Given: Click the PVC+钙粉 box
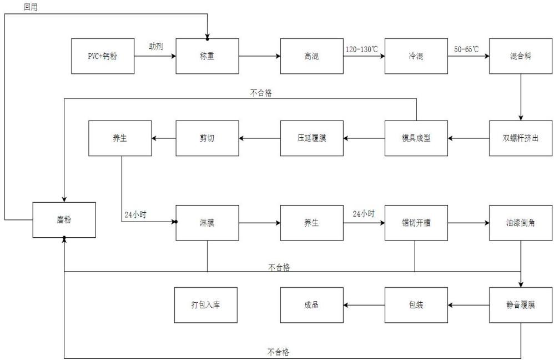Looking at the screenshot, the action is click(103, 56).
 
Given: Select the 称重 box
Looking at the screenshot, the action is click(208, 56).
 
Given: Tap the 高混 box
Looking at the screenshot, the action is click(311, 56).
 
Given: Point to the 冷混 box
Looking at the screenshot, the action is click(416, 56).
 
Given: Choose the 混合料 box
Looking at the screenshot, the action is click(521, 56).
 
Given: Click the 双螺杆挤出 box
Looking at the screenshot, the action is click(521, 138).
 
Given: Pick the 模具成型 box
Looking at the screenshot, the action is click(416, 138).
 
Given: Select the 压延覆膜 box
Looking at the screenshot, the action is click(311, 138).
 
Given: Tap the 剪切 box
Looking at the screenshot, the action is click(208, 138).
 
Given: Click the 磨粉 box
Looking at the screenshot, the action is click(64, 220).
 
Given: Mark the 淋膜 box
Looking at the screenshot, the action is click(208, 223).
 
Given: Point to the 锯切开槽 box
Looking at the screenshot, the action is click(416, 223).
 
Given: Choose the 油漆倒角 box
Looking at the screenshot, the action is click(521, 223).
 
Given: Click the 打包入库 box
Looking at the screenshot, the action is click(205, 305).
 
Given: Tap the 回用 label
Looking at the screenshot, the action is click(31, 7).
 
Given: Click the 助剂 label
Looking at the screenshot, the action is click(156, 46).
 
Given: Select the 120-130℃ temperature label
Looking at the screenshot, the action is click(362, 49).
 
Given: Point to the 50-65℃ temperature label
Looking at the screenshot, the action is click(466, 49).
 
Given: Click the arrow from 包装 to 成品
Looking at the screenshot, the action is click(364, 305).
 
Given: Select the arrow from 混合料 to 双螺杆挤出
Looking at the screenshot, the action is click(521, 97).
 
